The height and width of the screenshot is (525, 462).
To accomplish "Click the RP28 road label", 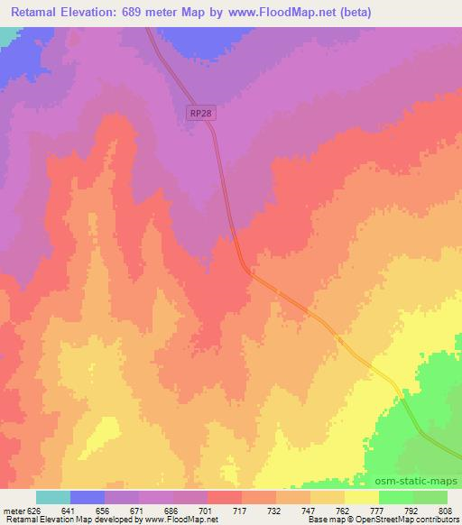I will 201,112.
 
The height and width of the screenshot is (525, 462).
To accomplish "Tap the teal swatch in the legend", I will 53,497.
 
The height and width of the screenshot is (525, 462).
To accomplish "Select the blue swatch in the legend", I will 88,497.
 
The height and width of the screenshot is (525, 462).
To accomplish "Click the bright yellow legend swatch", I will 362,497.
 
